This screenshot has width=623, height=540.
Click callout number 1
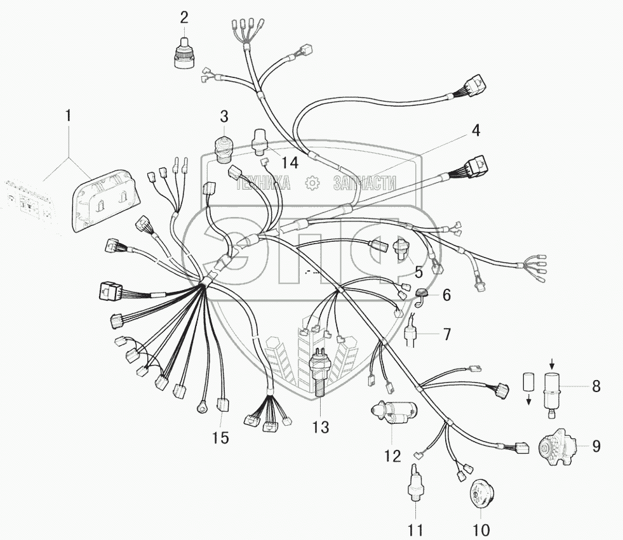69,117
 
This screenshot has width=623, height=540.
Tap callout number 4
476,131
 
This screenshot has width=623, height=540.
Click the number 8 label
596,386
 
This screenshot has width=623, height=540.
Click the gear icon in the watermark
312,183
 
